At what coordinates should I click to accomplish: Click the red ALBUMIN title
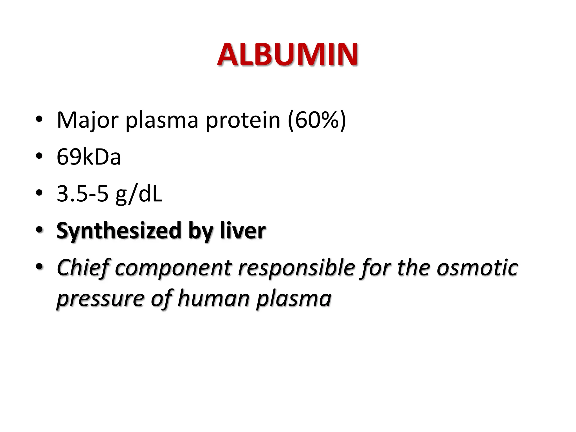287,55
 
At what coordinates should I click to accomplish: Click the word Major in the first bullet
87,120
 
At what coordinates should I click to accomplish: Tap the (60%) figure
317,120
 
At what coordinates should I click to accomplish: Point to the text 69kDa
89,157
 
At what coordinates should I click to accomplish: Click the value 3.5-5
82,193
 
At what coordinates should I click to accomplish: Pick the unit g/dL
139,194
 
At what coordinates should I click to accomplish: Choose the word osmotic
477,268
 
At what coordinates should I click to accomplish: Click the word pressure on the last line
100,299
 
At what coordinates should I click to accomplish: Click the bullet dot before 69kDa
39,156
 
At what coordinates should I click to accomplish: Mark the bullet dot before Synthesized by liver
39,229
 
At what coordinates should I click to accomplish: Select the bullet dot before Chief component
39,266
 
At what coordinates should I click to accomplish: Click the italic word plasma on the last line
294,299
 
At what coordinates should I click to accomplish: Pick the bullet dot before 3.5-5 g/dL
39,193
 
